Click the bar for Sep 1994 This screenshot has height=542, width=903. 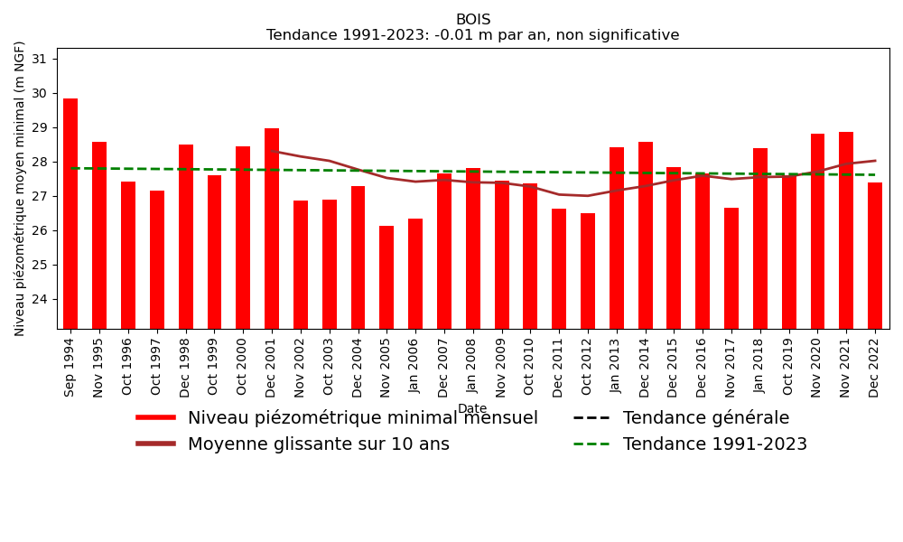coord(70,213)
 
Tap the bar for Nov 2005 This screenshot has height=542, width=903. coord(386,277)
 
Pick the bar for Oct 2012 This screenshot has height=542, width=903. coord(588,271)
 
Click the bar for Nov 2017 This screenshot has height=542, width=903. coord(731,268)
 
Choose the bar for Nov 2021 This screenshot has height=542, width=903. coord(846,230)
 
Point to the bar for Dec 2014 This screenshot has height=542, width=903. coord(646,235)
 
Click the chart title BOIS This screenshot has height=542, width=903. coord(473,20)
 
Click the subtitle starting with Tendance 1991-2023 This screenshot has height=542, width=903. coord(473,35)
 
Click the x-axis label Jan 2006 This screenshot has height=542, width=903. coord(415,365)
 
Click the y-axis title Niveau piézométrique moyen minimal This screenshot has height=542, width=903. coord(20,188)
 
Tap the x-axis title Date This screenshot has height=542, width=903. coord(472,409)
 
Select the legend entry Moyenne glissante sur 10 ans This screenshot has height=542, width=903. coord(318,444)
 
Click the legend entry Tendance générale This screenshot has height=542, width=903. coord(705,418)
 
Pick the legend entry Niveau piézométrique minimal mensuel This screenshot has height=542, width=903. coord(362,418)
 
